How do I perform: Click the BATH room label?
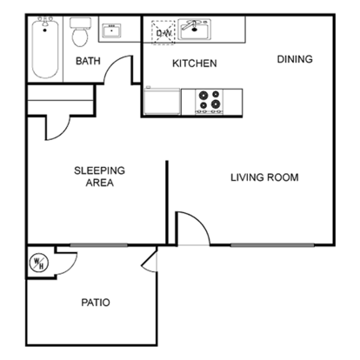coord(88,61)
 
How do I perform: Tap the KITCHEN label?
coord(195,63)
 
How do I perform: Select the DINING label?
coord(295,59)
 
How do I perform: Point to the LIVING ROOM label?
coord(264,177)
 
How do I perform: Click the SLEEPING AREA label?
coord(99,177)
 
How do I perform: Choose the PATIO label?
coord(96,303)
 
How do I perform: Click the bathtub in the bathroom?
coord(45,48)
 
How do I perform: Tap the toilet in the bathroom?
coord(80,32)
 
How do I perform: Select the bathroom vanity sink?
coord(111,30)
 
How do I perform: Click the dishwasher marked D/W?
coord(163,32)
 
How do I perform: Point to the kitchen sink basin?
coord(194,30)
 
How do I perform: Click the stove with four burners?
coord(210,102)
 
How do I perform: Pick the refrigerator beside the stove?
coord(163,101)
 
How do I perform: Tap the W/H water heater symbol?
coord(39,263)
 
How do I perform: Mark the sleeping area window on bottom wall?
coord(98,245)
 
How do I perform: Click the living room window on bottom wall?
coord(272,245)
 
